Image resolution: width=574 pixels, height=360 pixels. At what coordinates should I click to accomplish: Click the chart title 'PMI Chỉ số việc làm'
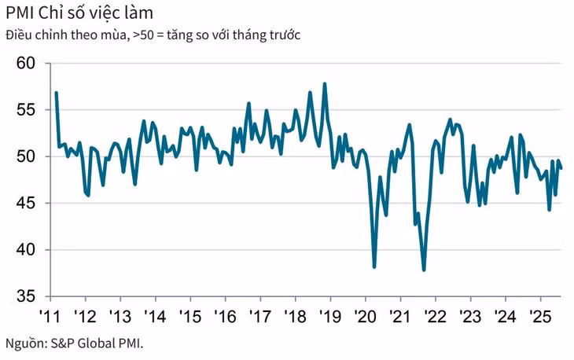tap(79, 13)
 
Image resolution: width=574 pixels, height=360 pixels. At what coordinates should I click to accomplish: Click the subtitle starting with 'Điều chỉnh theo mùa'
tap(153, 35)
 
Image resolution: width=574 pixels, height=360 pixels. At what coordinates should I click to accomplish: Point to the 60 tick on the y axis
tap(27, 64)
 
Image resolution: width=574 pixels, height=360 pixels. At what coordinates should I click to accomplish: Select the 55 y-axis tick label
tap(27, 110)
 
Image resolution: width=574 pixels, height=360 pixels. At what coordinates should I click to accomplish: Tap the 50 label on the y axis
tap(27, 156)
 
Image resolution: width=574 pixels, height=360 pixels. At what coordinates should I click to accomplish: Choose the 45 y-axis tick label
tap(27, 204)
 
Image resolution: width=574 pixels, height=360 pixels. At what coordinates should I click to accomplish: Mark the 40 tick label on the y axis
tap(27, 250)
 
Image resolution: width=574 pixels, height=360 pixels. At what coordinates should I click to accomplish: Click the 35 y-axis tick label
tap(27, 296)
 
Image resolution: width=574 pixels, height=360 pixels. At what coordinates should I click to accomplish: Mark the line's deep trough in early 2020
tap(374, 267)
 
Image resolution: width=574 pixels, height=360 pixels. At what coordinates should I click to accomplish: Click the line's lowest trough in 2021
tap(424, 270)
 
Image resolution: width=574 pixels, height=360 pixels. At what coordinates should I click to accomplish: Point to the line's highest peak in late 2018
tap(325, 83)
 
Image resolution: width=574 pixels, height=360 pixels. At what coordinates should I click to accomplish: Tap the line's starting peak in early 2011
tap(57, 93)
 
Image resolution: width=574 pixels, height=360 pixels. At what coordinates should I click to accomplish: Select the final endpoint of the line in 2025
tap(561, 168)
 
